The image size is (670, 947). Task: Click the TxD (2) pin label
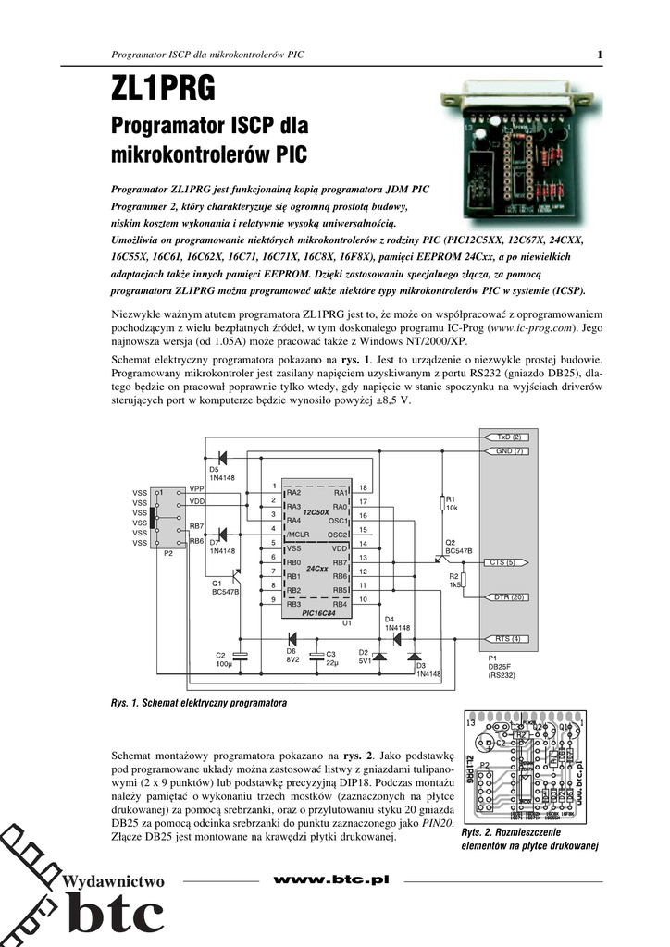pos(510,436)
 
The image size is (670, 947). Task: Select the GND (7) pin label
pos(510,450)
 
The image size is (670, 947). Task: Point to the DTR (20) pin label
pos(507,596)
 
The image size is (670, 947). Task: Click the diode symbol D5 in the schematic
pos(220,457)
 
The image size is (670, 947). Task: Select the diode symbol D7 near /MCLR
pos(220,535)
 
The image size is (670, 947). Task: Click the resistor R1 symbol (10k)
pos(442,504)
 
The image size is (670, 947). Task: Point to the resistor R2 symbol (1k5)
pos(464,580)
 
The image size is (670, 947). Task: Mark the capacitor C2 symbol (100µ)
pos(241,656)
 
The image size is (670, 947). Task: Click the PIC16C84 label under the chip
pos(320,612)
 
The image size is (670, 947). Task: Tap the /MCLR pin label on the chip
pos(298,535)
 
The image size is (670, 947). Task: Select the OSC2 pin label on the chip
pos(337,535)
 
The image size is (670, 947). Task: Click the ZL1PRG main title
pos(163,88)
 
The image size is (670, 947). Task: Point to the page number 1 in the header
pos(600,55)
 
